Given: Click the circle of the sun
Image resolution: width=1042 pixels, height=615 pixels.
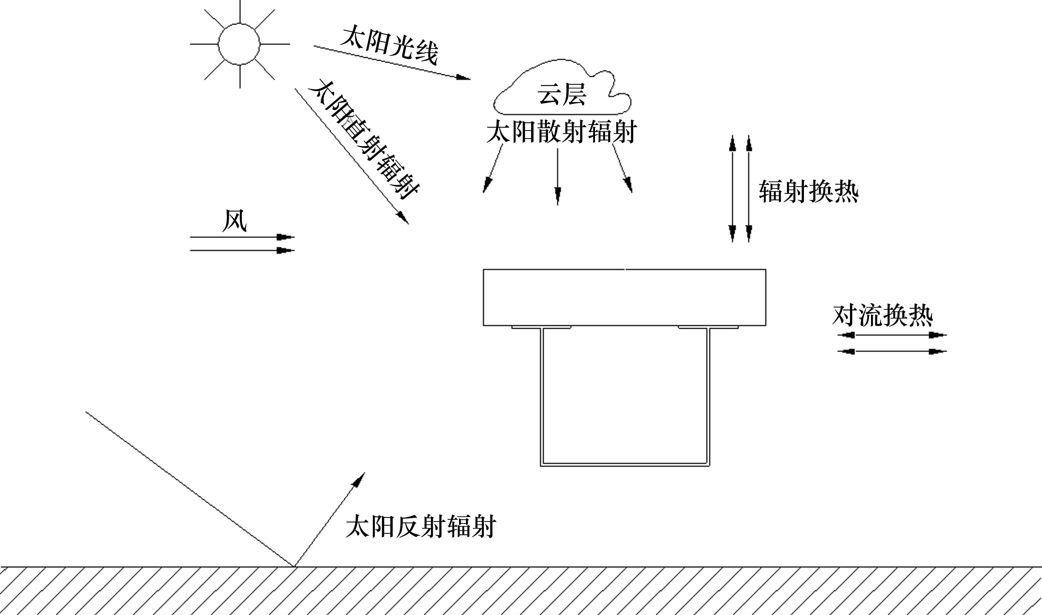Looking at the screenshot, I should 239,44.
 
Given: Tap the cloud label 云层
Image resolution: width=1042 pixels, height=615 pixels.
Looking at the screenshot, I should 562,95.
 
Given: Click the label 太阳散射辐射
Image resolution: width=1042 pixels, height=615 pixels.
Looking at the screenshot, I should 561,132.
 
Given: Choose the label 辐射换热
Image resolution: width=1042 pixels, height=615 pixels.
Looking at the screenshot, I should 808,191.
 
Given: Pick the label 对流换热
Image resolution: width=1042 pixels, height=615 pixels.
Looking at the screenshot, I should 882,316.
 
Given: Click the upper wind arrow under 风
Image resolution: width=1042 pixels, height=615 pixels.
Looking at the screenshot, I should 242,237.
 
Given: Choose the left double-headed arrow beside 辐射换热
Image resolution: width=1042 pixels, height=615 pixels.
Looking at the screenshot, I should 733,188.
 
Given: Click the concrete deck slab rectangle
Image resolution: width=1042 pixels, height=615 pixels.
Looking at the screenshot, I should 624,297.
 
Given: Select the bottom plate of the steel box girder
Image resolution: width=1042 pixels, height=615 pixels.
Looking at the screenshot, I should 625,464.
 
